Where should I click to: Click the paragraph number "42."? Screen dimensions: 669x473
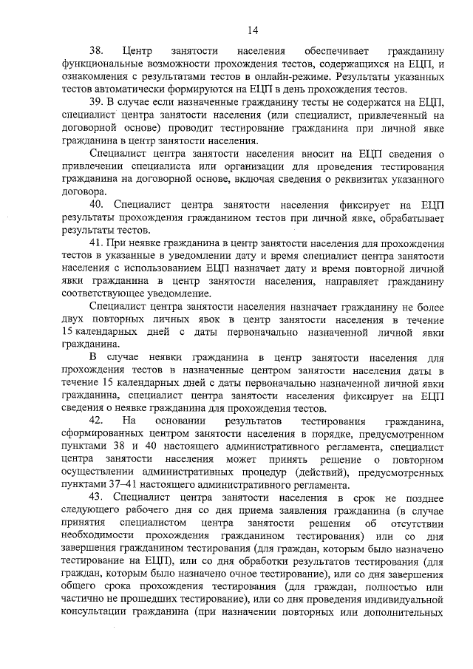pos(97,420)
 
